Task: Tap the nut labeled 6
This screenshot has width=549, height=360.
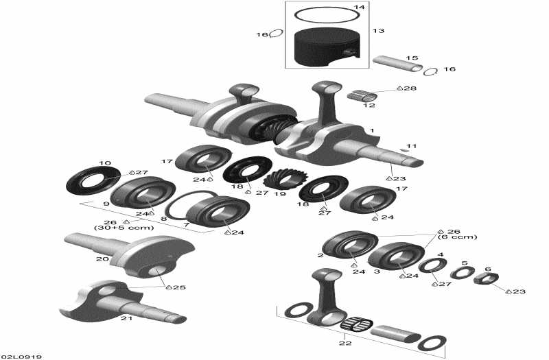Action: pos(484,278)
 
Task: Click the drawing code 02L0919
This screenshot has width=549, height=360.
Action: pos(21,356)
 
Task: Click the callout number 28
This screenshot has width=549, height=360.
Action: pos(410,88)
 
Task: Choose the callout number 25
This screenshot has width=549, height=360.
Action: pos(180,287)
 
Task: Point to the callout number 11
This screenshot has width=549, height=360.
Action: pos(412,146)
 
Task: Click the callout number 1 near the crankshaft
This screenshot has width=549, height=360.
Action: pos(372,130)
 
